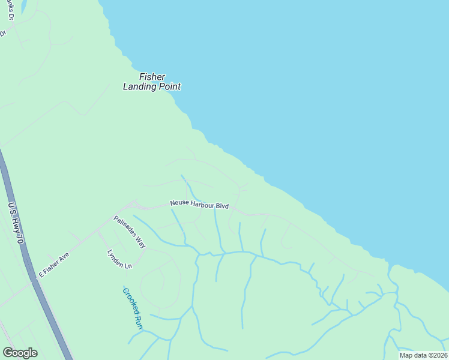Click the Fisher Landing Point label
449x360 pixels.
pyautogui.click(x=152, y=82)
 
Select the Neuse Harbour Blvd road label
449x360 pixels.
pyautogui.click(x=199, y=205)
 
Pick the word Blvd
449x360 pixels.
pyautogui.click(x=222, y=206)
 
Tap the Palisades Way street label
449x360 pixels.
pyautogui.click(x=130, y=232)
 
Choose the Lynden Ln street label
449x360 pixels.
pyautogui.click(x=119, y=259)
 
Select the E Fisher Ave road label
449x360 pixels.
pyautogui.click(x=54, y=265)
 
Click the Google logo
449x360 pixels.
pyautogui.click(x=20, y=353)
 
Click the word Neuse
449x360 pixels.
pyautogui.click(x=179, y=203)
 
